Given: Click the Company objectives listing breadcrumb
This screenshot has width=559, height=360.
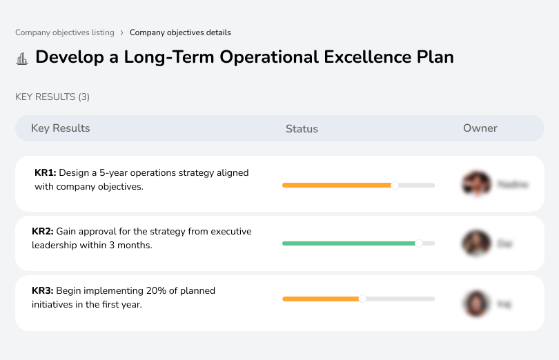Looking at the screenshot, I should [x=65, y=32].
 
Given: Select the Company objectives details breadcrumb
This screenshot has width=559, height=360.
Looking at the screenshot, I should [x=180, y=32].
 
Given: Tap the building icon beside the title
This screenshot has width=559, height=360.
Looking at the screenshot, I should [x=22, y=58].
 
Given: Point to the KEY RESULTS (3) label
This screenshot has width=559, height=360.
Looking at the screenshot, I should [x=52, y=97].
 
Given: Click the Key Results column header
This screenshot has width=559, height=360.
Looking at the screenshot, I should [x=61, y=128].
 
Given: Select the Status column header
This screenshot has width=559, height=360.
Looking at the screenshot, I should [x=302, y=129].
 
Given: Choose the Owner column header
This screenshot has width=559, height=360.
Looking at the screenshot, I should [x=480, y=128].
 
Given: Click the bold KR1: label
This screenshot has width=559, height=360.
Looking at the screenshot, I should [x=45, y=173].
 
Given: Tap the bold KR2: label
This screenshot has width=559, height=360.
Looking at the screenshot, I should [x=43, y=232].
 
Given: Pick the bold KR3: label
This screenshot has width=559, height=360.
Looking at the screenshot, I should [x=43, y=291].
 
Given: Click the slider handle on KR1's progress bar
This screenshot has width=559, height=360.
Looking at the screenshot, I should [x=395, y=185].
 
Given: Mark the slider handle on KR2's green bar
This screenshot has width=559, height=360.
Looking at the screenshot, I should [x=418, y=243].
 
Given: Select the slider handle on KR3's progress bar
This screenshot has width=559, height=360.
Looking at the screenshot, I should [x=362, y=299].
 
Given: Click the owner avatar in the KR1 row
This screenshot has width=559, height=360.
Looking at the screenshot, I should [x=475, y=184].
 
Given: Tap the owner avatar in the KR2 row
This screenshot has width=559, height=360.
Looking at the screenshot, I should [x=475, y=243].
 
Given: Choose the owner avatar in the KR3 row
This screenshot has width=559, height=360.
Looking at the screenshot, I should [x=475, y=303].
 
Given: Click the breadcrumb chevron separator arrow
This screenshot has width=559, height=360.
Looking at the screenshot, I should [x=122, y=32].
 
